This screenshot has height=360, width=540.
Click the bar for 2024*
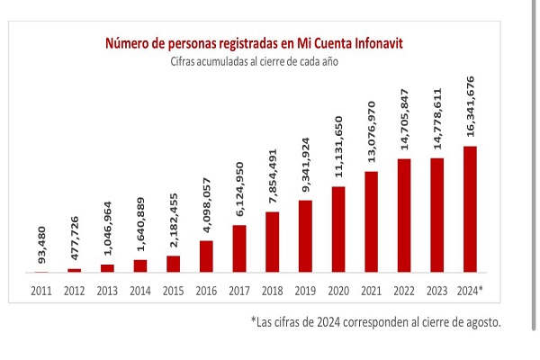(x=470, y=210)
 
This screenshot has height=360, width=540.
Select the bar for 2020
(x=338, y=229)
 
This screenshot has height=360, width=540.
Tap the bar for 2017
(x=239, y=248)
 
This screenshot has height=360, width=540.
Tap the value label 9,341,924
(x=305, y=165)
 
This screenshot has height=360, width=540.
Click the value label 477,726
(x=75, y=238)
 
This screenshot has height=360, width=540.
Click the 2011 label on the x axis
(x=41, y=291)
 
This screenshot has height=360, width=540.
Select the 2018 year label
(x=272, y=291)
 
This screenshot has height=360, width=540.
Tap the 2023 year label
(x=436, y=291)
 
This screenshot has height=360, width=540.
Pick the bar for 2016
(x=206, y=256)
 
